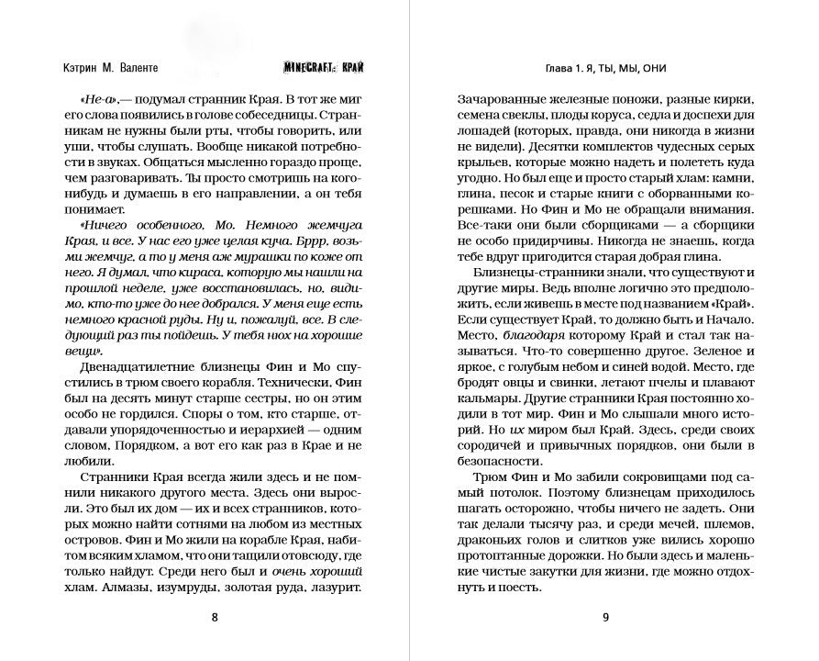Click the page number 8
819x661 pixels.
pos(215,617)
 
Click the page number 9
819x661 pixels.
pos(605,617)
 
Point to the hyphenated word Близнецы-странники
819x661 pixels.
pos(532,274)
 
